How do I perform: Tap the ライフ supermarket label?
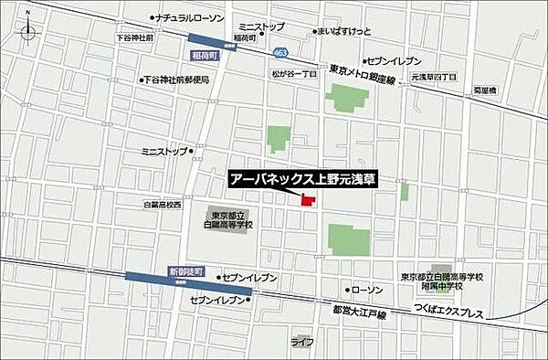pyautogui.click(x=303, y=342)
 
